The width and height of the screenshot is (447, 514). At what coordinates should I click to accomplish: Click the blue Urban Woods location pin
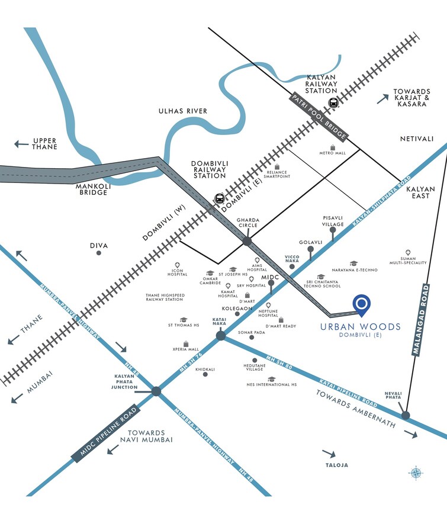pyautogui.click(x=361, y=303)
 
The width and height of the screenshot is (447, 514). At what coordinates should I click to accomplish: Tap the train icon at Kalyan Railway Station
pyautogui.click(x=333, y=102)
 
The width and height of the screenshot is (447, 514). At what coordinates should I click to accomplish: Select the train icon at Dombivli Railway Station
pyautogui.click(x=220, y=198)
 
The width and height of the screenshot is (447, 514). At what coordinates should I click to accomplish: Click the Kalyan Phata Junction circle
pyautogui.click(x=156, y=391)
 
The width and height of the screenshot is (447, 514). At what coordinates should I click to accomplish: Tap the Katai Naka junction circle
pyautogui.click(x=221, y=336)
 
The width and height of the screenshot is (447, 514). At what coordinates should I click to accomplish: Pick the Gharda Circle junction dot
pyautogui.click(x=247, y=241)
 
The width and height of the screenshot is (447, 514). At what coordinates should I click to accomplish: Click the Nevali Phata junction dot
pyautogui.click(x=406, y=415)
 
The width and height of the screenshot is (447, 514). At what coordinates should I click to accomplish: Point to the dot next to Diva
pyautogui.click(x=98, y=253)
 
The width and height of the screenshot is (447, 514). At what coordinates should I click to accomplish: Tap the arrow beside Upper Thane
pyautogui.click(x=21, y=143)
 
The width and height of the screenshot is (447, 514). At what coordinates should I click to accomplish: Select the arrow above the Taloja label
pyautogui.click(x=329, y=454)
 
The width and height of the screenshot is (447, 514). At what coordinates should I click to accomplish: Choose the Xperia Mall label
pyautogui.click(x=186, y=349)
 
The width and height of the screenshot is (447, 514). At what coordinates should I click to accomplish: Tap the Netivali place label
pyautogui.click(x=417, y=139)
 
